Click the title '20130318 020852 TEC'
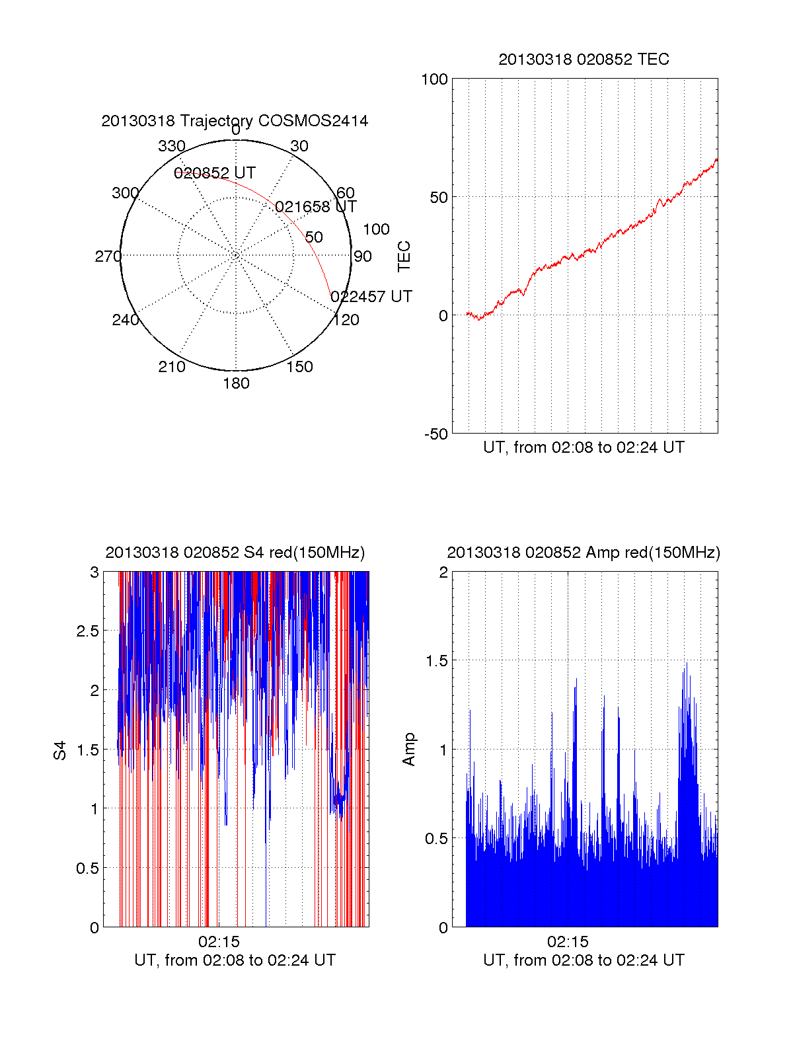584,59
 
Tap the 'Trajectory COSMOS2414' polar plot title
235,121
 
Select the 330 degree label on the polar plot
171,146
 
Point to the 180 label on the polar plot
236,383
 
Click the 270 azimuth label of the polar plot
108,256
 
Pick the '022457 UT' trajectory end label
371,297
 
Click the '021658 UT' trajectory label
316,207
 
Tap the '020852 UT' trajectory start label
215,173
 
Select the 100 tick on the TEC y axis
434,79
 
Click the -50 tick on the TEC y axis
436,434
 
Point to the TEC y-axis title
404,256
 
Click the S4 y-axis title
60,750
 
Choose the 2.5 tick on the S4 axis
88,631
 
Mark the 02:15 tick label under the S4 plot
219,942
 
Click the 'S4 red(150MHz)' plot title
235,553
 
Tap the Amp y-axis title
409,749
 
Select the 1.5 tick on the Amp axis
435,661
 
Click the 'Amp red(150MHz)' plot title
584,553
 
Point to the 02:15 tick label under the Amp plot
568,942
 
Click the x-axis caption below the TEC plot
584,447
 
